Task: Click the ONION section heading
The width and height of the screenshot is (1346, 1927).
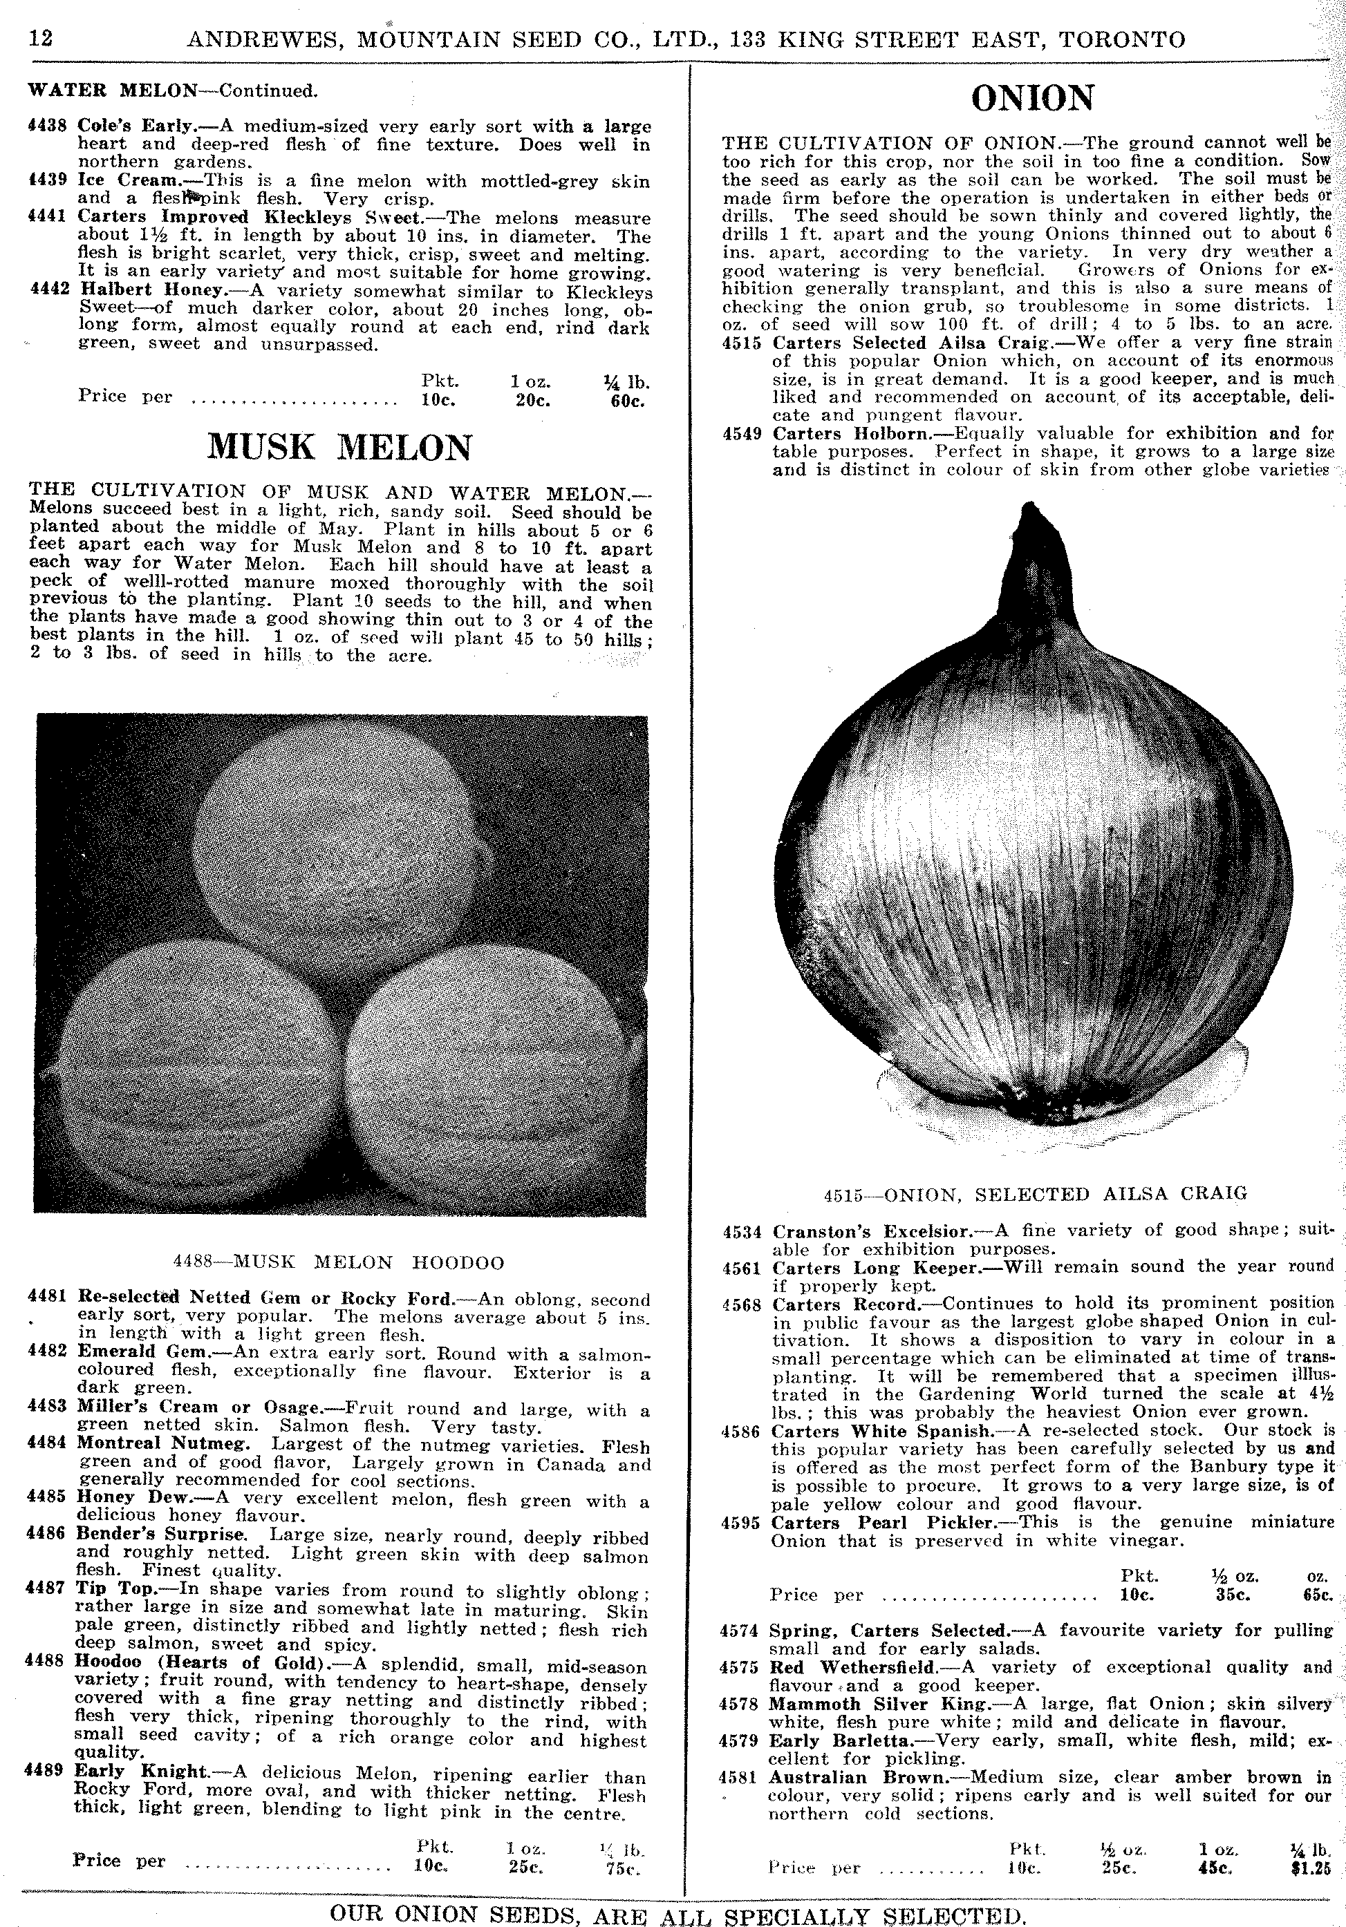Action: click(x=1032, y=99)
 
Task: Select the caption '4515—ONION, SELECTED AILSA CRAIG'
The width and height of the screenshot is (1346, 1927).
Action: click(x=1034, y=1193)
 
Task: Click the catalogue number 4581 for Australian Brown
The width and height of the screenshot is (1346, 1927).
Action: click(x=739, y=1777)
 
